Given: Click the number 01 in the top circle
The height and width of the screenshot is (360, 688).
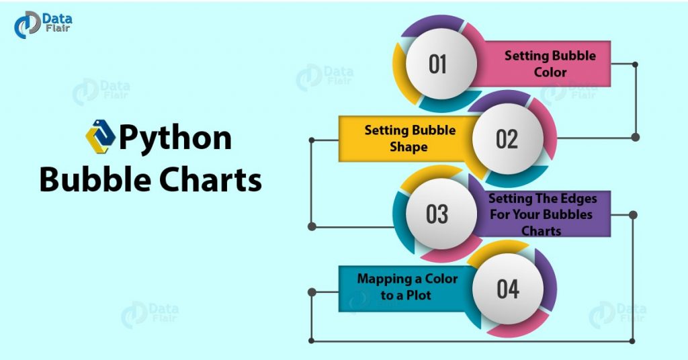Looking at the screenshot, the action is (437, 64).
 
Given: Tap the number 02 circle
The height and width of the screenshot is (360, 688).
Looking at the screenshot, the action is (508, 139).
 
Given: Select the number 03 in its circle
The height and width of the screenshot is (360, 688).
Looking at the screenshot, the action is (437, 214).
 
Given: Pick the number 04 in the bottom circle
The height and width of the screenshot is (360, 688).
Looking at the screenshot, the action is (508, 289).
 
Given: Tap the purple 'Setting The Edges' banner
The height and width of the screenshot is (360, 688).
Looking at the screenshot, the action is (544, 214).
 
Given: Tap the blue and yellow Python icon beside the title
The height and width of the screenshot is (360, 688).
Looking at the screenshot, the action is (101, 136).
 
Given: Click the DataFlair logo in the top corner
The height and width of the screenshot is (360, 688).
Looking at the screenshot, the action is (43, 25).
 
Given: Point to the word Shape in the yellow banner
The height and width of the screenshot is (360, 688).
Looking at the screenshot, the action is (408, 147).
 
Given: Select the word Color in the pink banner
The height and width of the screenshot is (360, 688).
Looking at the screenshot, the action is (550, 72).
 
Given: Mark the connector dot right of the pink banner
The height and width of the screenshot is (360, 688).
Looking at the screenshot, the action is (635, 64).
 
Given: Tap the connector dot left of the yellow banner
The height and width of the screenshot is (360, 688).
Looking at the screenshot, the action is (312, 140).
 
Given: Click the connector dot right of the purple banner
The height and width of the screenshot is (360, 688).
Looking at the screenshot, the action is (633, 215).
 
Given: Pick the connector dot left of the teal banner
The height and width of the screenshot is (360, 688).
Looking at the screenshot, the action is (312, 292).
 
